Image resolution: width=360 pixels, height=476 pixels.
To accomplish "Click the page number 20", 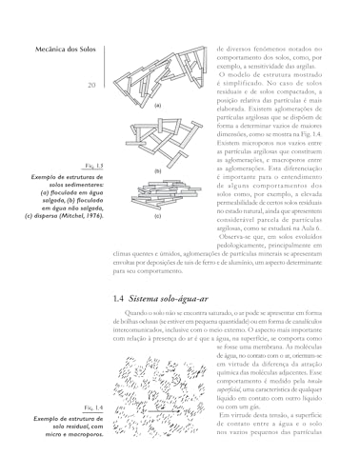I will point(90,87).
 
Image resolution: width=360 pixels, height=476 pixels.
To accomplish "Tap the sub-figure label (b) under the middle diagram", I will point(157,169).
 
